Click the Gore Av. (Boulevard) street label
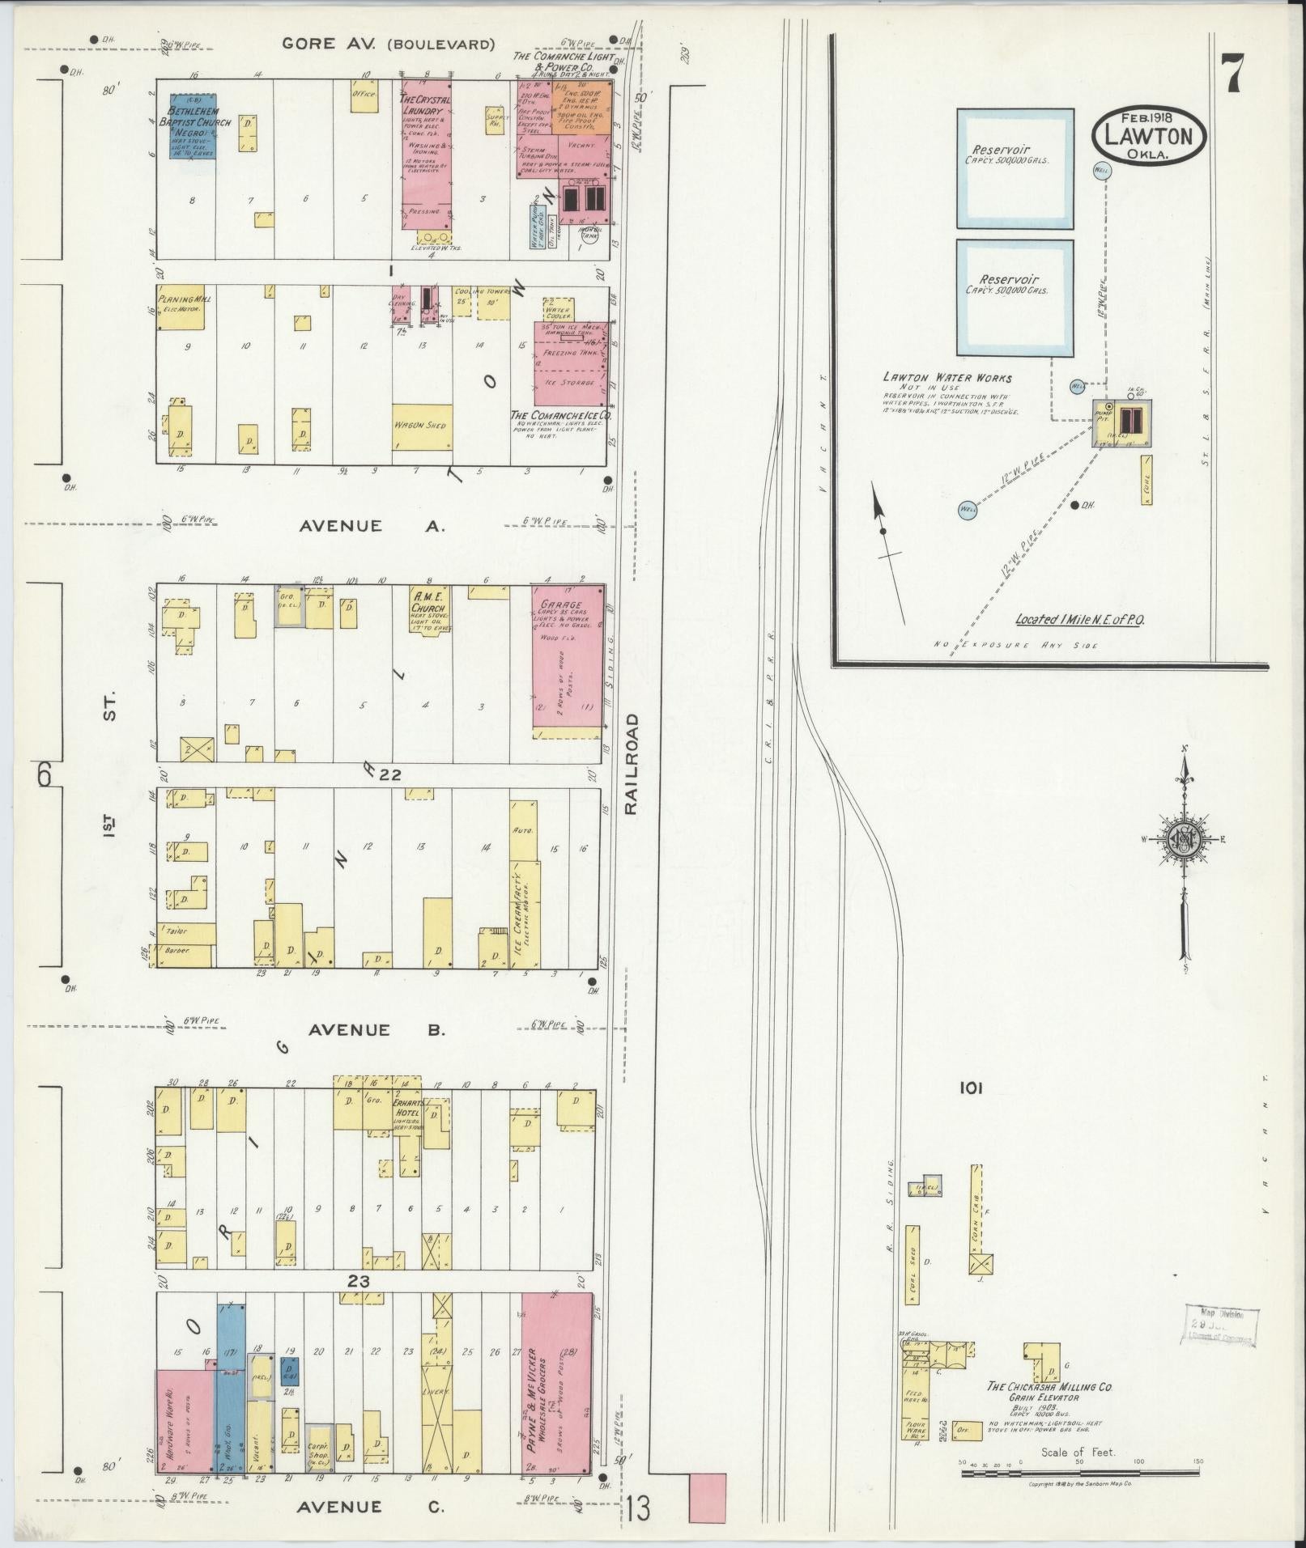pyautogui.click(x=388, y=44)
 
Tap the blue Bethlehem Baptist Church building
pyautogui.click(x=193, y=126)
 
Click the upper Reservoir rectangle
pyautogui.click(x=1015, y=168)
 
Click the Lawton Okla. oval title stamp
pyautogui.click(x=1148, y=138)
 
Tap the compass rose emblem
pyautogui.click(x=1184, y=839)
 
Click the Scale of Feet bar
pyautogui.click(x=1080, y=1474)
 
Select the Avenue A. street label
pyautogui.click(x=372, y=526)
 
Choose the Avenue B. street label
pyautogui.click(x=377, y=1030)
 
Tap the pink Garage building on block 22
pyautogui.click(x=568, y=659)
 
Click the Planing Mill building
pyautogui.click(x=181, y=307)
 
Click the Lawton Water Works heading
pyautogui.click(x=947, y=378)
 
